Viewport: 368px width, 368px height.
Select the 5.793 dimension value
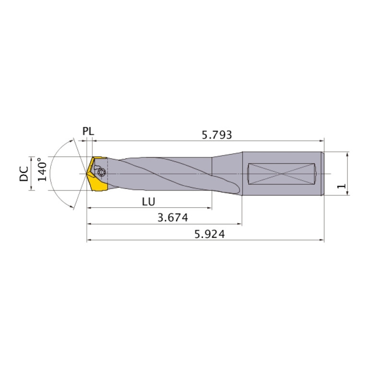point(216,135)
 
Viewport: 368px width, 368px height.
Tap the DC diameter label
point(24,174)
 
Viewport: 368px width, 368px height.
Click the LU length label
point(148,202)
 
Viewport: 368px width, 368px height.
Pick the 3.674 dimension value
point(172,218)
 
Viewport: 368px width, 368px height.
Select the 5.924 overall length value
point(209,235)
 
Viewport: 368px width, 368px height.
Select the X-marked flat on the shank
point(282,173)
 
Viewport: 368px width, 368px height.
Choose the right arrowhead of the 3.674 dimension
point(239,224)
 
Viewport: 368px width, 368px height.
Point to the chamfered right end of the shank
point(323,173)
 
